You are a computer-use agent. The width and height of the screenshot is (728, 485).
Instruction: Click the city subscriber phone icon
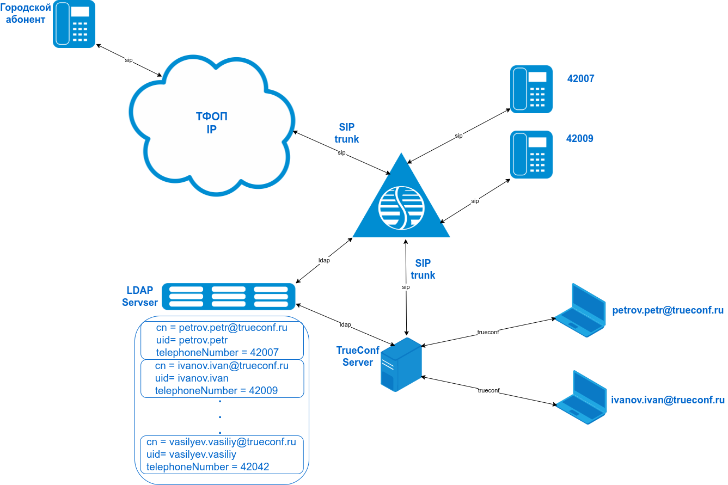coord(74,24)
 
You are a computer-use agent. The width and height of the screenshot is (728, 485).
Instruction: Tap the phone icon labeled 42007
coord(531,89)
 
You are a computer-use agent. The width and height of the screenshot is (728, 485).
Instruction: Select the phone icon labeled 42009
coord(531,155)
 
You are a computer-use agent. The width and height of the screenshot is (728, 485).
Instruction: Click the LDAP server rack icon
coord(229,296)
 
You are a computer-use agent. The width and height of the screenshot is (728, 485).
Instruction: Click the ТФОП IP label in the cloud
coord(212,123)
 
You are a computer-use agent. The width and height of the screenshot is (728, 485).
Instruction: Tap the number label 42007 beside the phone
coord(580,79)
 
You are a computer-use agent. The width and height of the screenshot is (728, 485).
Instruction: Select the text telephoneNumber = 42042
coord(207,466)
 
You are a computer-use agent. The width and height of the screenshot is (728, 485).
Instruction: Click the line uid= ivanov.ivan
coord(192,378)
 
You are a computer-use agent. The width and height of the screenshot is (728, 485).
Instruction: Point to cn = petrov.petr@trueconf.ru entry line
coord(222,328)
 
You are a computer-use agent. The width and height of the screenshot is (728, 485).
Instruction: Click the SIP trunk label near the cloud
coord(347,133)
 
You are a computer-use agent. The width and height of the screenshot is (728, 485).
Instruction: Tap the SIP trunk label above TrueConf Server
coord(423,269)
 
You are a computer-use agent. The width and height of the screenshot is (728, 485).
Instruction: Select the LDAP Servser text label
coord(140,297)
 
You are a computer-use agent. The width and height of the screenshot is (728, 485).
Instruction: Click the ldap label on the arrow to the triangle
coord(324,260)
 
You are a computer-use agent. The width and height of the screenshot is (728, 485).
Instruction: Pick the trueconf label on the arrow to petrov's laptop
coord(488,331)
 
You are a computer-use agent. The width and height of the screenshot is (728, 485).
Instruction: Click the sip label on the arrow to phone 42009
coord(475,201)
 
